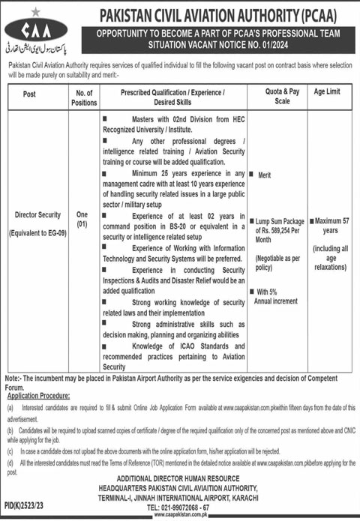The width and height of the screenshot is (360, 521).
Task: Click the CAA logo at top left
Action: pyautogui.click(x=31, y=32)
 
